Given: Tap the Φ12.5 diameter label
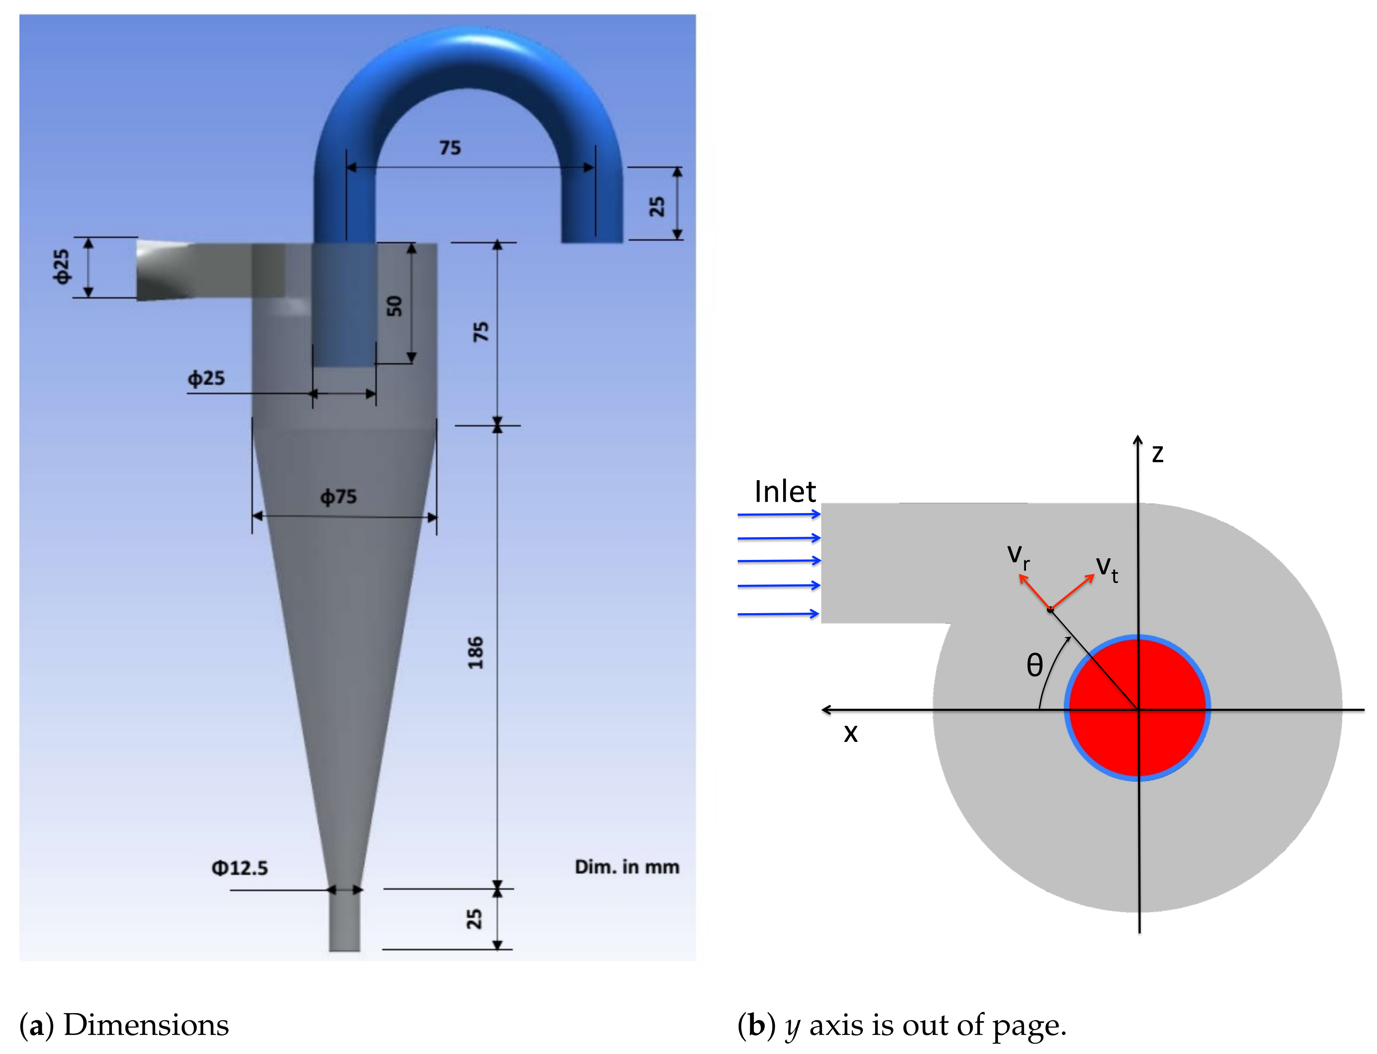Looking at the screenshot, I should (240, 868).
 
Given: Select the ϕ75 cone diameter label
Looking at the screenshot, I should (338, 497).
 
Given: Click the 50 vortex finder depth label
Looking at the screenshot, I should (394, 306).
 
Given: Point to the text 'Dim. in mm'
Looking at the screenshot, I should (626, 867).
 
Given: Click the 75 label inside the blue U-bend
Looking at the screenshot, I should (450, 148).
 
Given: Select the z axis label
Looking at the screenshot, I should (1157, 454).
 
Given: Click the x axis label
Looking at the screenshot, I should (850, 733).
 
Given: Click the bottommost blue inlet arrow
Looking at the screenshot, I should (778, 614).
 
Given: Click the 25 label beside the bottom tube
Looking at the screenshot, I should (474, 919).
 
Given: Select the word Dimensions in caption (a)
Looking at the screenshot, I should (146, 1025).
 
